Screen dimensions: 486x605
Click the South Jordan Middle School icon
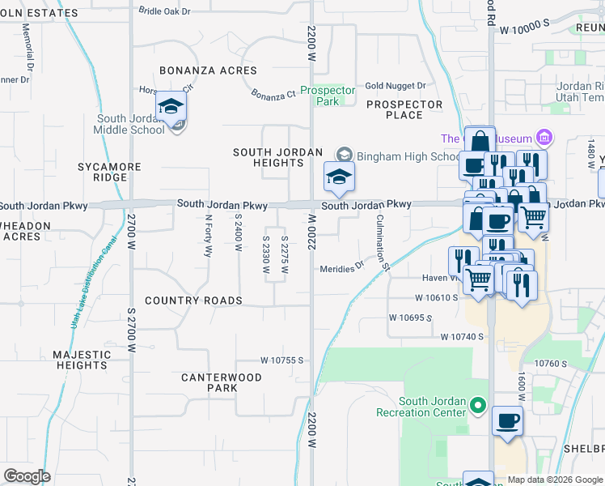[171, 107]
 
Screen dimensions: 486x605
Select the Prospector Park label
[328, 96]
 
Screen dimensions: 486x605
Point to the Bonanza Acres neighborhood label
[208, 71]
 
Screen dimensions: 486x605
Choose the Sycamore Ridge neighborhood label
[109, 172]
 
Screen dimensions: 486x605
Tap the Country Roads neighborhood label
[193, 301]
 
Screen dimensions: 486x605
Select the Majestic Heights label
[81, 360]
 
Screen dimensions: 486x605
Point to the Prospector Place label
[404, 109]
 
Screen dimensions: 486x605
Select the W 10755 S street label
[281, 360]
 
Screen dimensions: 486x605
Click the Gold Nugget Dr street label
[395, 85]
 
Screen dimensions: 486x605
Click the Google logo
[27, 476]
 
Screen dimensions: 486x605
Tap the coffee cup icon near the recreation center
[507, 421]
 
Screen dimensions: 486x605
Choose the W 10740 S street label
[462, 336]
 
